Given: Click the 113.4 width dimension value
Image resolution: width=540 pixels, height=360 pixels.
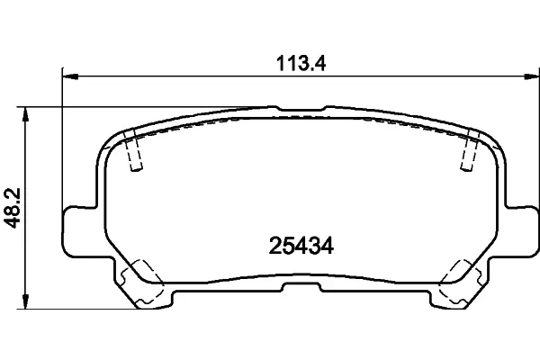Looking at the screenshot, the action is click(301, 64).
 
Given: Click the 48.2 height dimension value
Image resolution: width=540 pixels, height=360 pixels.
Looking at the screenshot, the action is click(13, 208).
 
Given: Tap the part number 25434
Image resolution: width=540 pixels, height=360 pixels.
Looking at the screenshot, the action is click(301, 246).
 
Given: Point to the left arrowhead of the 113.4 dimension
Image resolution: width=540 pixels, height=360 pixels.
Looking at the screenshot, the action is click(70, 76).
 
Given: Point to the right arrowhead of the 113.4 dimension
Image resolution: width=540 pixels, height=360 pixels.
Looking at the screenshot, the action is click(531, 76).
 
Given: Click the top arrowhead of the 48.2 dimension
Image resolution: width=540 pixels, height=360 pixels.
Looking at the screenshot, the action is click(25, 114).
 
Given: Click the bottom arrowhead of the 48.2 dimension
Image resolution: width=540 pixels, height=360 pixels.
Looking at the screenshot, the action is click(25, 301).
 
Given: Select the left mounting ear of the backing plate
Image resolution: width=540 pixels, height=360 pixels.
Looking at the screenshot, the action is click(78, 231).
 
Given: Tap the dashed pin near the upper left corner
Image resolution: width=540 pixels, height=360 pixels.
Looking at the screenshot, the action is click(133, 150).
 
